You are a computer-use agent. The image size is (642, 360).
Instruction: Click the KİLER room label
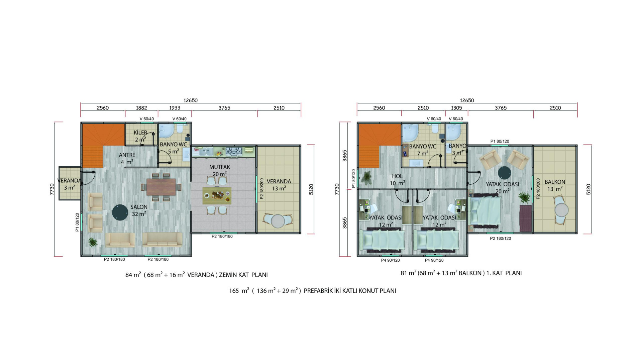tap(140, 132)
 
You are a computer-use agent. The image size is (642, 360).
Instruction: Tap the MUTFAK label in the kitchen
tap(220, 167)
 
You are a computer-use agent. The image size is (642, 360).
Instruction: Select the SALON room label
tap(139, 207)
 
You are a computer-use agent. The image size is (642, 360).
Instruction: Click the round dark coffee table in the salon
tap(120, 212)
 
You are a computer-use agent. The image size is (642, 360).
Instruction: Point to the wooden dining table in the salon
tap(161, 187)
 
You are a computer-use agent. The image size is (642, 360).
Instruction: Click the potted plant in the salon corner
tap(93, 242)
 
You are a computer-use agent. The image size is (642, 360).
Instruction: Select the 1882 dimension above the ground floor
tap(141, 108)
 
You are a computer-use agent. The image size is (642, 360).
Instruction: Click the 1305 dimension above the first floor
tap(456, 108)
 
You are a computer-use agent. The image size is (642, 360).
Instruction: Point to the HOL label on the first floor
tap(397, 176)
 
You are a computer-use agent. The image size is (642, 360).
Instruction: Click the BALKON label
tap(555, 182)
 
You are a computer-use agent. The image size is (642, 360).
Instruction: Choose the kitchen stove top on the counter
tap(234, 151)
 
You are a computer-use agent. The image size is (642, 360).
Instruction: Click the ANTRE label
tap(127, 155)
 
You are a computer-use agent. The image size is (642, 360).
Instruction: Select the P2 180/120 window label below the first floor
tap(500, 238)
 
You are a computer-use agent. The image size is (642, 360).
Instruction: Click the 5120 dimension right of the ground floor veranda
tap(311, 189)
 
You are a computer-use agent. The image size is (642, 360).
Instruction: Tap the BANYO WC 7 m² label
tap(423, 150)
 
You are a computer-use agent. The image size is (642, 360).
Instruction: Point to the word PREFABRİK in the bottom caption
tap(318, 291)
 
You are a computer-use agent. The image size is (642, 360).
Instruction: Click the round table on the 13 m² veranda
tap(278, 221)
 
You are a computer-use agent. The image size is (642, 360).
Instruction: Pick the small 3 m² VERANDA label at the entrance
tap(69, 184)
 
